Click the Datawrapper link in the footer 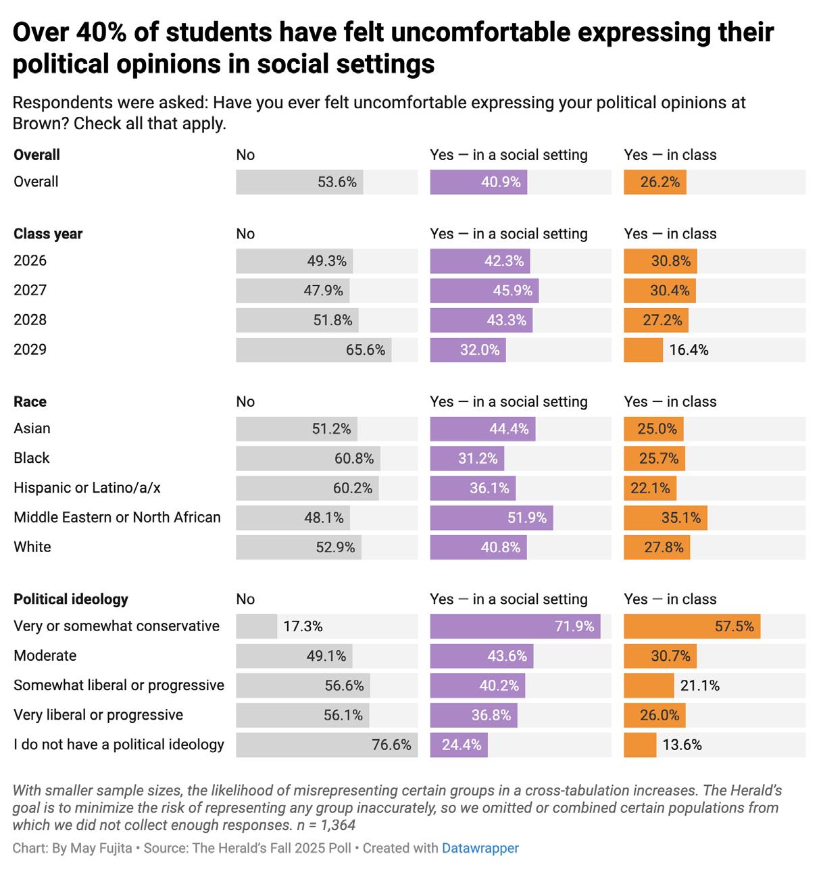coord(480,848)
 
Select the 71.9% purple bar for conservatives coord(515,626)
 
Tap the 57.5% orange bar coord(692,626)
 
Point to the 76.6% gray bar coord(326,745)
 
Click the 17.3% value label coord(303,626)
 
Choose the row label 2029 coord(30,349)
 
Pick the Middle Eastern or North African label coord(117,518)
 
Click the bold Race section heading coord(30,401)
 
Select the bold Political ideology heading coord(71,599)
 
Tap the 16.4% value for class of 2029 coord(689,350)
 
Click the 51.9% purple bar coord(491,518)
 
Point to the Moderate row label coord(45,655)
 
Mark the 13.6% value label coord(682,745)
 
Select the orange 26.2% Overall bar coord(655,182)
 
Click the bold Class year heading coord(48,234)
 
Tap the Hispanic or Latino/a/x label coord(87,488)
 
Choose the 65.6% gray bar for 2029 coord(314,350)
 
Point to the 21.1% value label coord(699,685)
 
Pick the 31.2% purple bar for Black coord(467,458)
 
